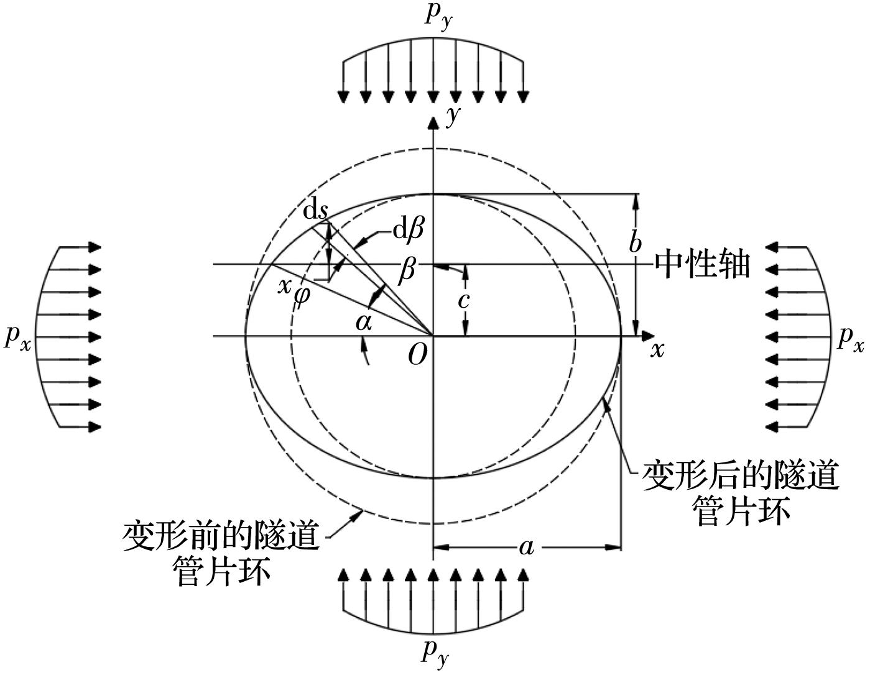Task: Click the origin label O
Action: (417, 354)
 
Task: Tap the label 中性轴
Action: (702, 265)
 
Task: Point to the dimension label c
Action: (463, 300)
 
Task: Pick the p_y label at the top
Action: (438, 17)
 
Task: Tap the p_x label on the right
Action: (850, 340)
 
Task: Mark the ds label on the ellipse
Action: (315, 211)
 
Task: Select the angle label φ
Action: (302, 297)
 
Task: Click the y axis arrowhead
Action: (433, 123)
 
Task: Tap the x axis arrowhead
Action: (648, 336)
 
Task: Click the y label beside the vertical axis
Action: (453, 115)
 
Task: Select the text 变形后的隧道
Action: (741, 476)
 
